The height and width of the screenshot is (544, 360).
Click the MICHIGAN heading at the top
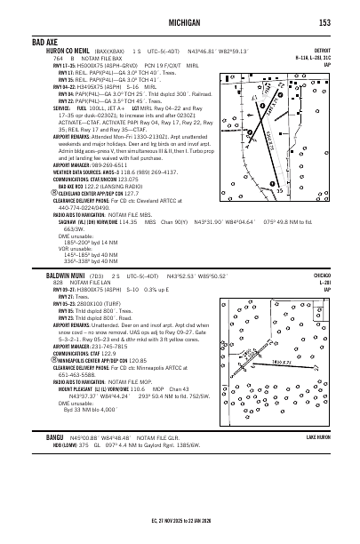tap(180, 22)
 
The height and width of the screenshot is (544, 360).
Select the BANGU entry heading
tap(43, 462)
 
